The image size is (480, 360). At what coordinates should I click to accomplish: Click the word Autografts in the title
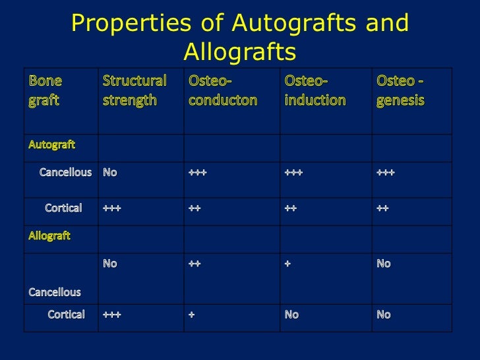[x=301, y=24]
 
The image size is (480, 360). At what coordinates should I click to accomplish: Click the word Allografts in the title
[x=240, y=51]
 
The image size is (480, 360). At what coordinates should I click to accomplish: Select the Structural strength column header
[x=135, y=91]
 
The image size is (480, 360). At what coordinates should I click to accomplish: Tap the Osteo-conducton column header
[x=223, y=91]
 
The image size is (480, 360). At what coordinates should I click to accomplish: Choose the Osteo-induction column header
[x=315, y=91]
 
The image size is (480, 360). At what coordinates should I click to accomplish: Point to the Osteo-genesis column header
[x=401, y=91]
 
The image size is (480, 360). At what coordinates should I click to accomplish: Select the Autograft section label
[x=51, y=143]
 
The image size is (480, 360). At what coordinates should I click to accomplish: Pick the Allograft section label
[x=49, y=235]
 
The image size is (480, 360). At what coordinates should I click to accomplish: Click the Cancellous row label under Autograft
[x=65, y=173]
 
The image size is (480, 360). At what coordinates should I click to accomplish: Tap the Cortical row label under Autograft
[x=63, y=208]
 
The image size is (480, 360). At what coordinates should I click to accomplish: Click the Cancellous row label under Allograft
[x=54, y=291]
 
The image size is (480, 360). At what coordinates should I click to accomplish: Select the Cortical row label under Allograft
[x=67, y=315]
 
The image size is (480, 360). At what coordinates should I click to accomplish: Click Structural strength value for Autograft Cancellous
[x=110, y=173]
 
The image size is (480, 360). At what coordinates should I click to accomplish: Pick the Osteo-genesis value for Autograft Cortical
[x=382, y=208]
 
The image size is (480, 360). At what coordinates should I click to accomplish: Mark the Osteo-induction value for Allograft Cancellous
[x=287, y=264]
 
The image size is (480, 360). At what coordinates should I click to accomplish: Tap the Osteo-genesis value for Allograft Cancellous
[x=383, y=264]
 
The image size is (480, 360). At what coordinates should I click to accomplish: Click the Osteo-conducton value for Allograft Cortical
[x=192, y=315]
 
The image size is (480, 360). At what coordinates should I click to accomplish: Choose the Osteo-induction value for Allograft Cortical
[x=291, y=315]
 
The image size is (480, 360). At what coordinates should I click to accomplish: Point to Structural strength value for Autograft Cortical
[x=112, y=208]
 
